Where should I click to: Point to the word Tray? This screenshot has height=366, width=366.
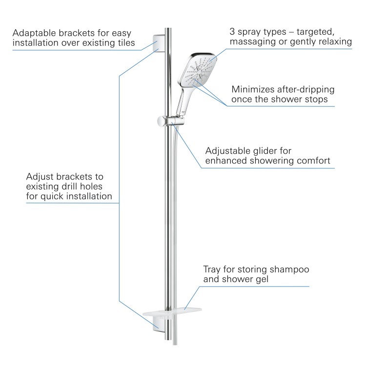(x=213, y=270)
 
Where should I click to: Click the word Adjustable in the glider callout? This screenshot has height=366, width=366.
(x=228, y=150)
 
